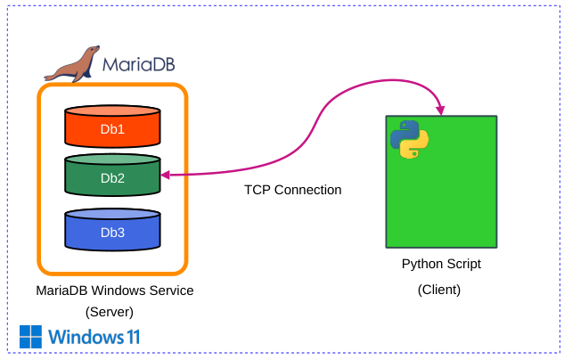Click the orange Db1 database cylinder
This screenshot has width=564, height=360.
tap(112, 128)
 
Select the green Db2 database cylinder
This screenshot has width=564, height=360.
tap(112, 176)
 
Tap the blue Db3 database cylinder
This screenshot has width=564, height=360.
tap(112, 230)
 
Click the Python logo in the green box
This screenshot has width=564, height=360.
tap(409, 138)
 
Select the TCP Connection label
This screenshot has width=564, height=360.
tap(292, 190)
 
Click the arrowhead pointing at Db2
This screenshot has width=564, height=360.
tap(166, 176)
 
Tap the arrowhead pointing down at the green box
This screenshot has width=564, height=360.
tap(440, 110)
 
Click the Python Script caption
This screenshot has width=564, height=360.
tap(441, 264)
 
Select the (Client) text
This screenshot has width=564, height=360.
tap(440, 290)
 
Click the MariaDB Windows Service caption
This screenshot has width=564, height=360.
tap(114, 290)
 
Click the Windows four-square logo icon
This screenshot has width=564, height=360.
tap(31, 337)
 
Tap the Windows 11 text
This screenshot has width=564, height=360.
tap(94, 337)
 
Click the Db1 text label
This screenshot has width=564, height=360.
tap(112, 130)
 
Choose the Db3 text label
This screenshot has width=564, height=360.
tap(112, 233)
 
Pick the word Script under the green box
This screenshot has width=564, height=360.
tap(462, 264)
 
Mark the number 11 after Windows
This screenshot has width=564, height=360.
tap(132, 337)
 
